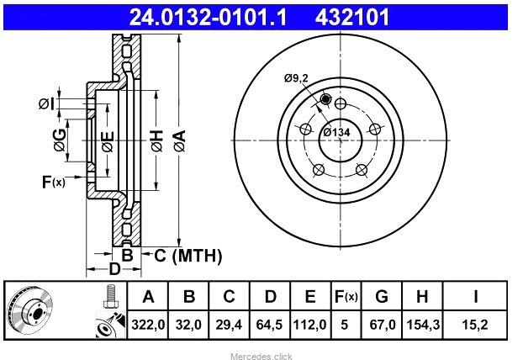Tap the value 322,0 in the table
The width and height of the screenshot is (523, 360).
[149, 322]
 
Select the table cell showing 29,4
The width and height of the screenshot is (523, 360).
[230, 322]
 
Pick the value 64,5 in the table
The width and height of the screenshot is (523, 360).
[270, 322]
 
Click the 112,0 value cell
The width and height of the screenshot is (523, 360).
[310, 322]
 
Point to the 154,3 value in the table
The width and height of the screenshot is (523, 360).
[420, 322]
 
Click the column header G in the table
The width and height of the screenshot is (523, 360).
[382, 296]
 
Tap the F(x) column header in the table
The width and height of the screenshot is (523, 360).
[345, 296]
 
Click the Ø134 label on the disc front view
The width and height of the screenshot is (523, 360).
[337, 131]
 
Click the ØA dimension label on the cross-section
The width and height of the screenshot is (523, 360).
[179, 140]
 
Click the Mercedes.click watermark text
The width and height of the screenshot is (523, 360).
[261, 356]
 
